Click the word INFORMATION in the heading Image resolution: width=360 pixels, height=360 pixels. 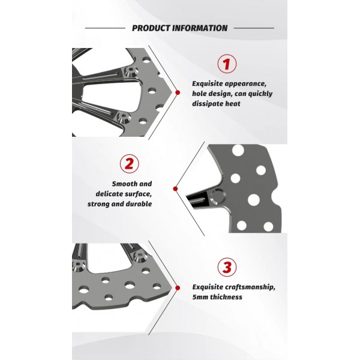click(200, 28)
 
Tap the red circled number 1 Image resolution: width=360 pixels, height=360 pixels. click(227, 64)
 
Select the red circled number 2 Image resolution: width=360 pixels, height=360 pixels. click(129, 163)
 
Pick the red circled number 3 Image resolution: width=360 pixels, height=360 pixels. click(227, 267)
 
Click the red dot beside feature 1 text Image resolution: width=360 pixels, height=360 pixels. click(178, 92)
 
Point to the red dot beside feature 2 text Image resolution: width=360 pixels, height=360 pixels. click(175, 189)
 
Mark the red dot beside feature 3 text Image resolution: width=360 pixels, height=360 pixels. click(178, 287)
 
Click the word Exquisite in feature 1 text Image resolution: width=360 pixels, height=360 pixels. click(208, 83)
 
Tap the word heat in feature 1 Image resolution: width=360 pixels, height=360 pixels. click(233, 104)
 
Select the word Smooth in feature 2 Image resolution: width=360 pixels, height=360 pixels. click(124, 184)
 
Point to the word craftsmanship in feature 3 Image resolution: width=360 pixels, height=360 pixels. click(250, 287)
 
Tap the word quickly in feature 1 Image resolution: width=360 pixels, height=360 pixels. click(260, 94)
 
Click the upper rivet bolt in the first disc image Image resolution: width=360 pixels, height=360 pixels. click(131, 71)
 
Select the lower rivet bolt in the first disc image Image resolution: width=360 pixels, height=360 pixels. click(124, 118)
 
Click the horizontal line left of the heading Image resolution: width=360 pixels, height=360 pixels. click(105, 28)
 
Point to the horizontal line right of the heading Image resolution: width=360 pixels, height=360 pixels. click(254, 28)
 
